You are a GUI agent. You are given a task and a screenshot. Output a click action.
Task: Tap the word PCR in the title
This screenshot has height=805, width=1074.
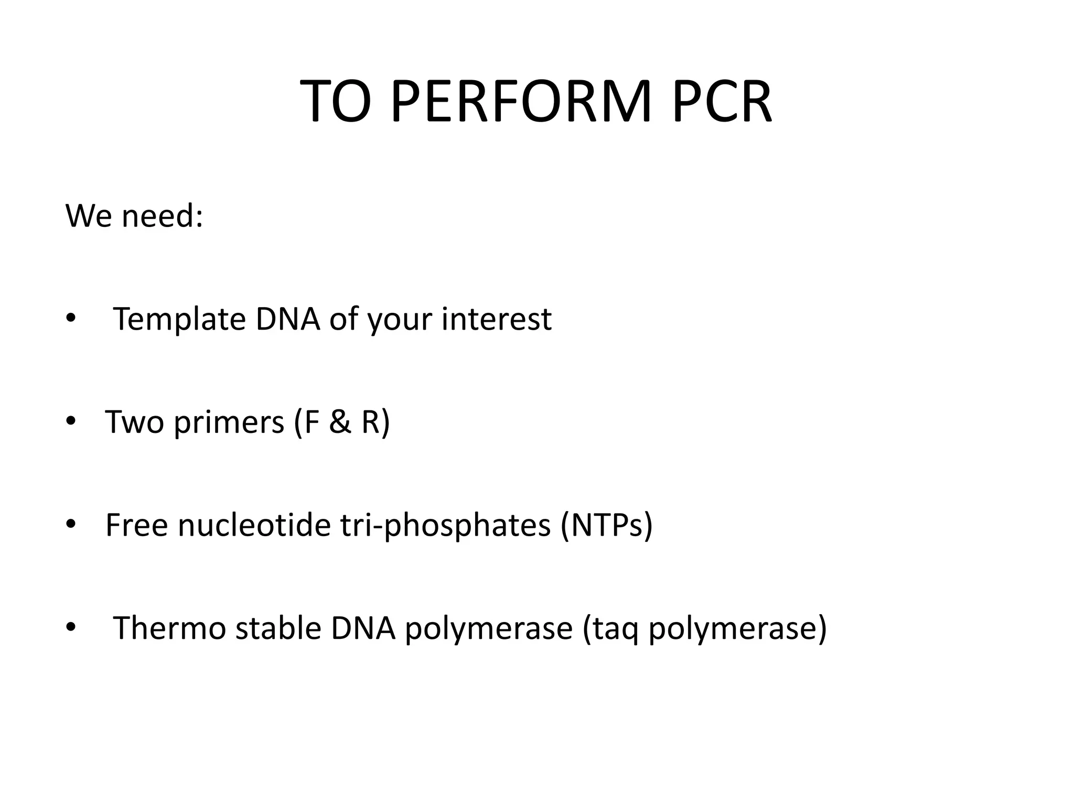click(721, 101)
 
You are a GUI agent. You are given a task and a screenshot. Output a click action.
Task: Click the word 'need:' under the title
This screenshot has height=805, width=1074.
click(162, 215)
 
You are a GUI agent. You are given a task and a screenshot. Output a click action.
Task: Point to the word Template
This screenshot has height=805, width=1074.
click(179, 319)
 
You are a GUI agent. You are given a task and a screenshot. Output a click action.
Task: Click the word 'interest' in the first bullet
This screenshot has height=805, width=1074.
click(496, 319)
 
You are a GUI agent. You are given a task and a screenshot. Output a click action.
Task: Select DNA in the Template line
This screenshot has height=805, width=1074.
click(287, 319)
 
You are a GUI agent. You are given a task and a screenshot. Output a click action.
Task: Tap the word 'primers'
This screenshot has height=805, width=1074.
click(229, 422)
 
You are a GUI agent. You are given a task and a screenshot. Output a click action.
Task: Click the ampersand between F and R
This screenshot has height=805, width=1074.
click(340, 422)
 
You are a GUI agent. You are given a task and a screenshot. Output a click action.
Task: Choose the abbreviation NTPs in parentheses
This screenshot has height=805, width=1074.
click(607, 525)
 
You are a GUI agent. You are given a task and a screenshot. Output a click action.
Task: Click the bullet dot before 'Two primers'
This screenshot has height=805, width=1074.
click(71, 421)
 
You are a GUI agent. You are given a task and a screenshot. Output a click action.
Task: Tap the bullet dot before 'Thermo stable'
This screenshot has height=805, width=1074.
click(71, 627)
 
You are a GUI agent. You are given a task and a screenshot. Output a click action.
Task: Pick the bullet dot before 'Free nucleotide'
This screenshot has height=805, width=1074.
click(71, 525)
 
